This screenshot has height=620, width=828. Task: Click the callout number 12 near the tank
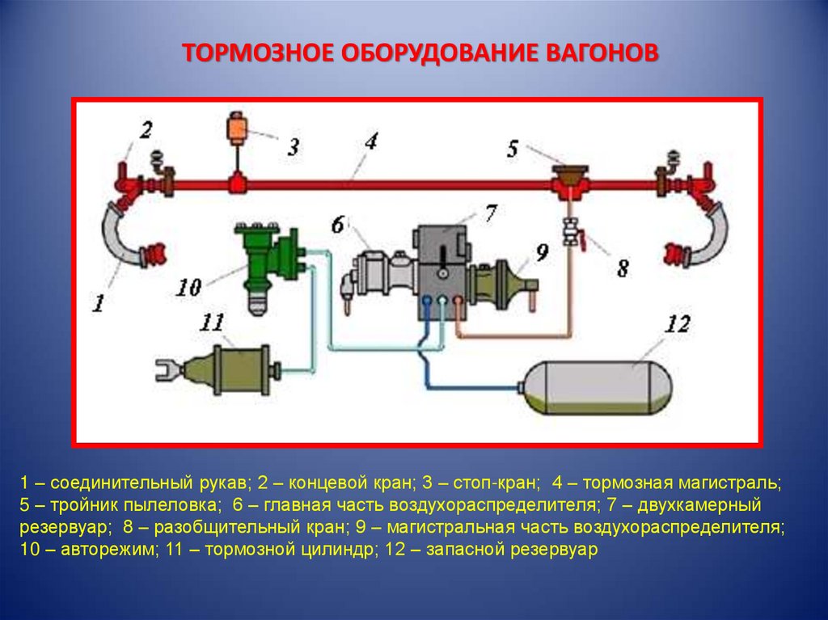point(677,325)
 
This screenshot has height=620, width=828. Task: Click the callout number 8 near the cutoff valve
point(623,268)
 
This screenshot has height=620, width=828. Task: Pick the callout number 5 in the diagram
point(513,148)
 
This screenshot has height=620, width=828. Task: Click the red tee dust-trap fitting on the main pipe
point(570,181)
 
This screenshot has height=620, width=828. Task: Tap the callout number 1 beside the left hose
point(98,303)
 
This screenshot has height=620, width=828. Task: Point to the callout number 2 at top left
point(146,129)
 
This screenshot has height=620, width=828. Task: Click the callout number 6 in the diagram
point(338,224)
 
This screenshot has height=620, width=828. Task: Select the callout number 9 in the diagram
point(542,253)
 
